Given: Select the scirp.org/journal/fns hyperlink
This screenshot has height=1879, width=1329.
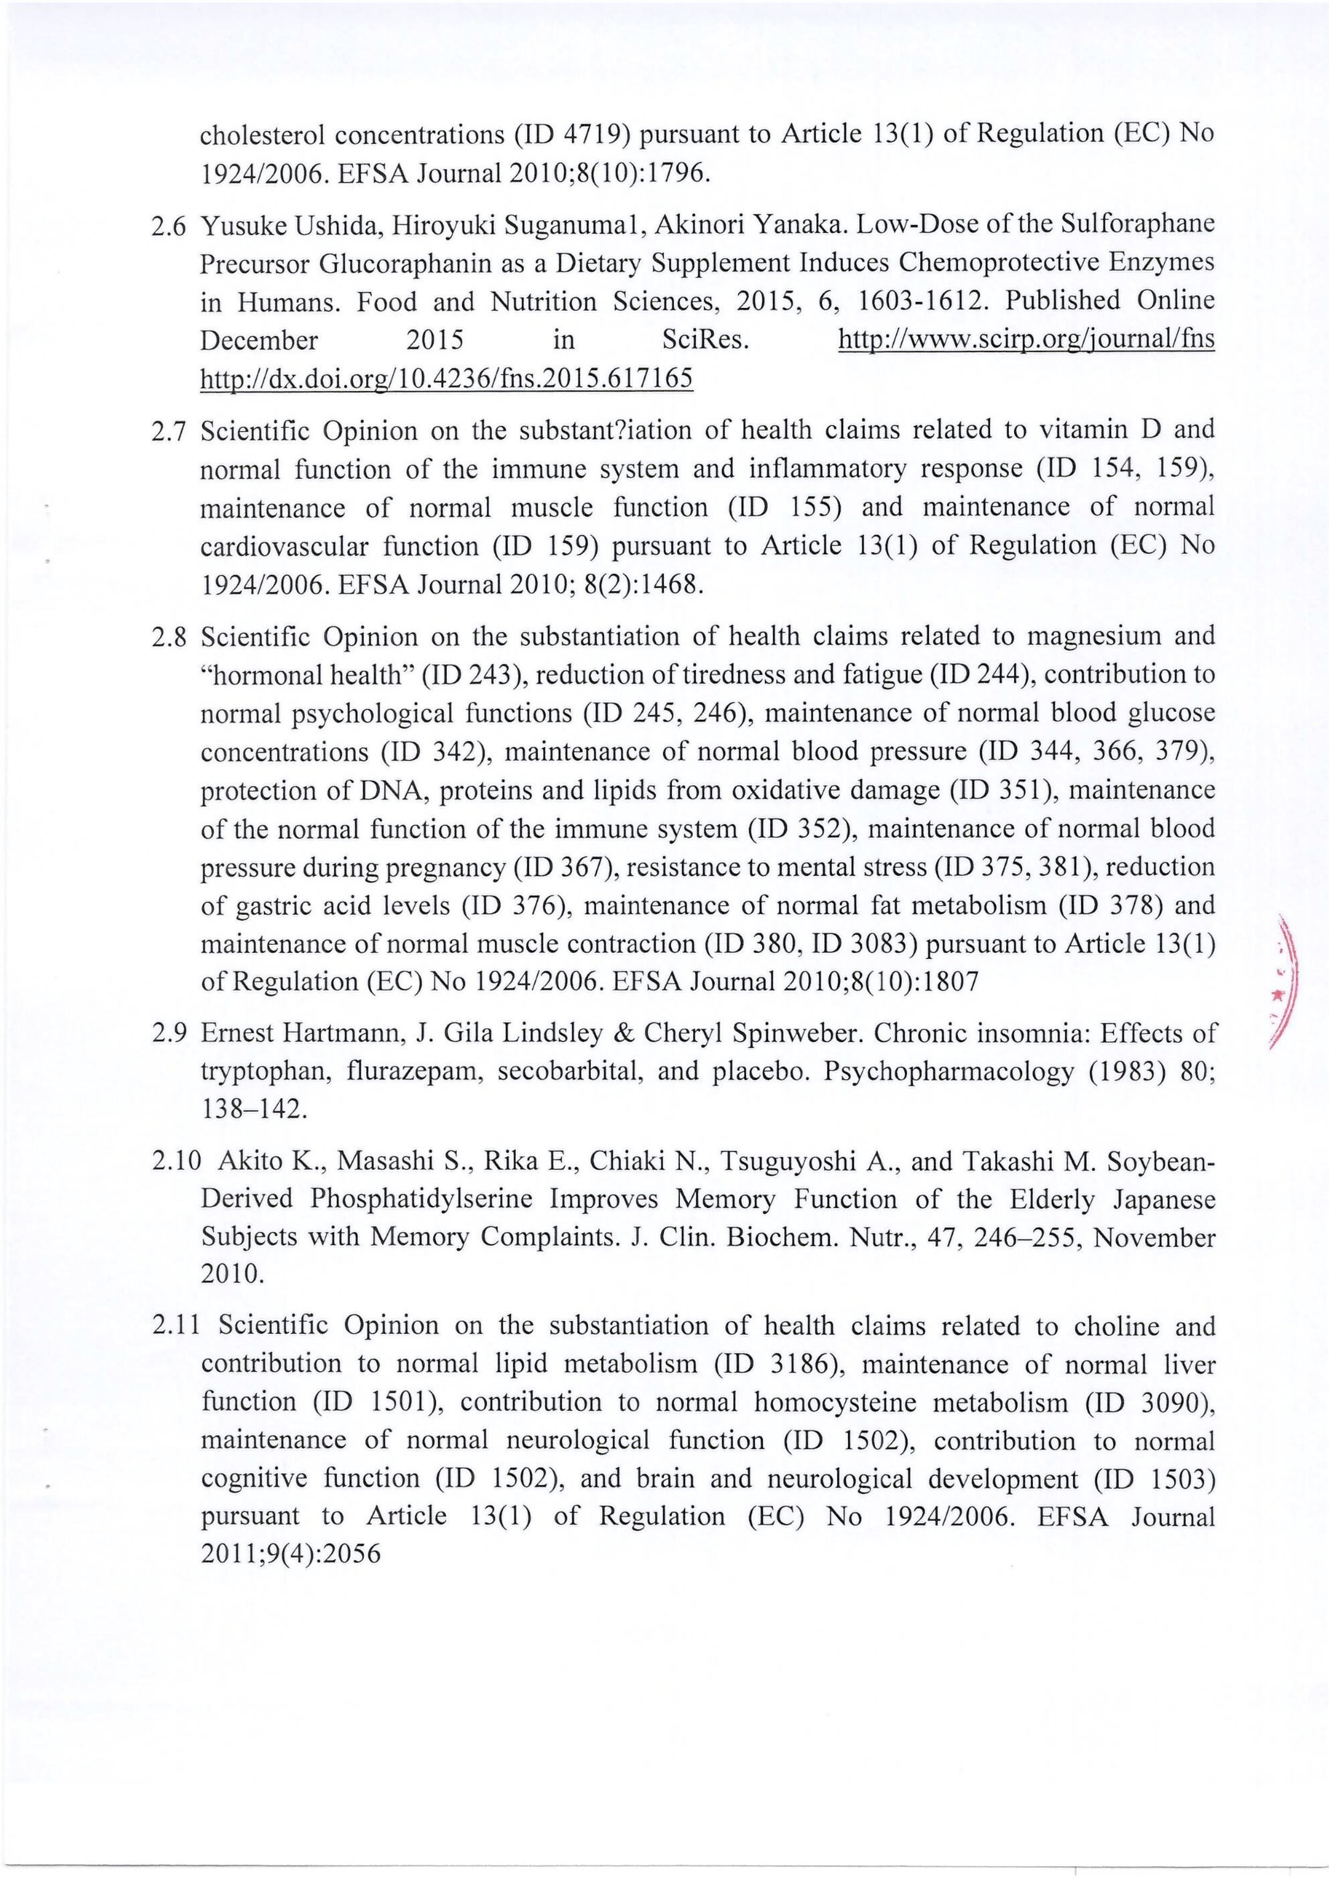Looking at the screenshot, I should tap(1027, 340).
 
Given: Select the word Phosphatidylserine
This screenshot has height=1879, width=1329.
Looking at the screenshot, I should tap(422, 1199).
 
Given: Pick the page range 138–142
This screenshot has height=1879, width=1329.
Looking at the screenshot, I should tap(254, 1110).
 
